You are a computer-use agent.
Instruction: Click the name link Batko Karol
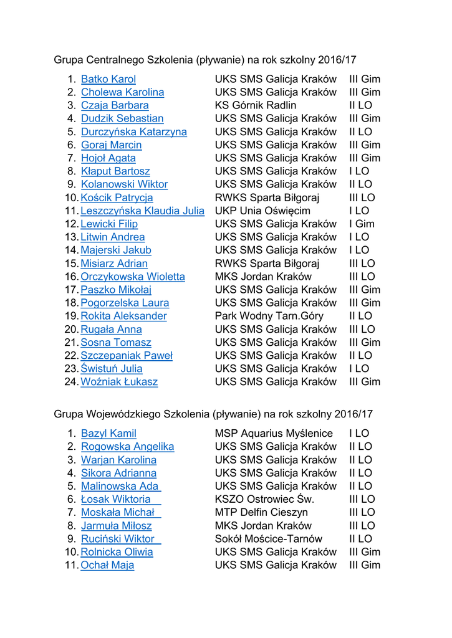(x=108, y=79)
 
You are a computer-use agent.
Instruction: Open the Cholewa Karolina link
(x=122, y=92)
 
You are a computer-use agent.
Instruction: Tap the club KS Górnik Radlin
(x=256, y=105)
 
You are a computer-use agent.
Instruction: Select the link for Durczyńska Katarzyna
(x=133, y=131)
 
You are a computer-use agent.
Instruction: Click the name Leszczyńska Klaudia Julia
(x=142, y=211)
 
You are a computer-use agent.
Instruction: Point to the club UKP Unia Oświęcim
(x=262, y=211)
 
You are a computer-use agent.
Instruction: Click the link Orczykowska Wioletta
(x=132, y=276)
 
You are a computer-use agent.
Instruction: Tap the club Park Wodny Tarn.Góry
(x=269, y=316)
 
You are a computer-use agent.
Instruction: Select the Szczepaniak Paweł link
(x=126, y=355)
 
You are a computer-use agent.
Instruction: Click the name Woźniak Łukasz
(x=118, y=381)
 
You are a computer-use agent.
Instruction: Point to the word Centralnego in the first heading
(x=114, y=60)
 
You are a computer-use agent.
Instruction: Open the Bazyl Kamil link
(x=108, y=433)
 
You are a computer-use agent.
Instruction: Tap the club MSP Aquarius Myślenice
(x=274, y=433)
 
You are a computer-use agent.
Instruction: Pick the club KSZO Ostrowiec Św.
(x=264, y=499)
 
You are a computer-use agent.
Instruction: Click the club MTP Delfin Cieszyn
(x=261, y=512)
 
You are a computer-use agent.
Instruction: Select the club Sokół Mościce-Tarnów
(x=269, y=538)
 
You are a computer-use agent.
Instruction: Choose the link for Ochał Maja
(x=107, y=565)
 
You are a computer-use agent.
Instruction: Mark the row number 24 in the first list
(x=70, y=381)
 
